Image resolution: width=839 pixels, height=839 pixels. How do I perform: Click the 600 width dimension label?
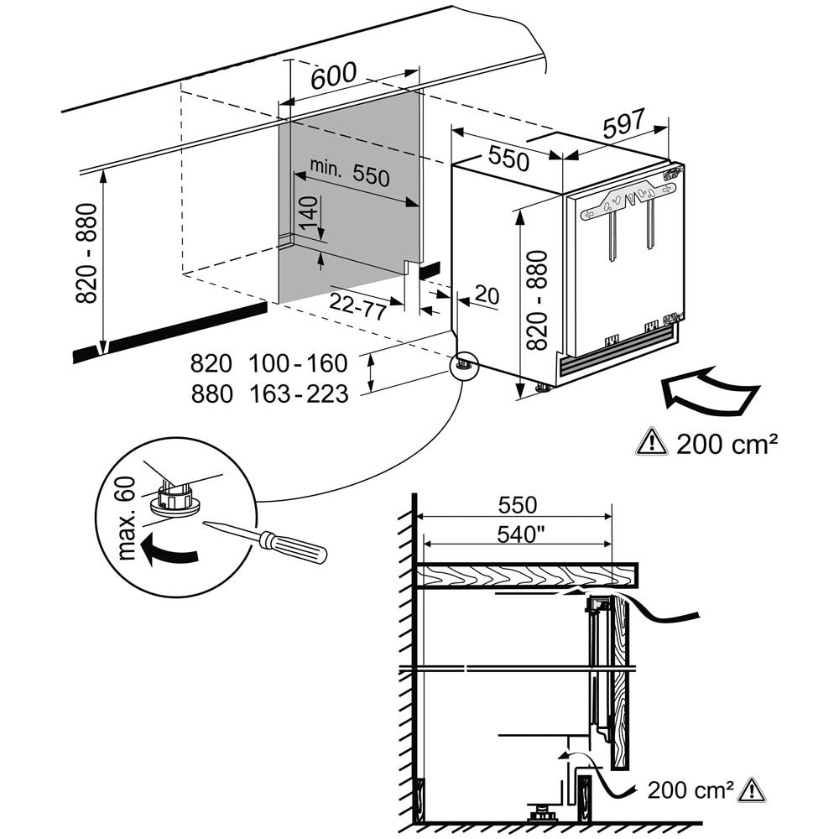click(x=334, y=76)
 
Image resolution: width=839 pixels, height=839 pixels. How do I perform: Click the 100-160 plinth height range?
click(x=298, y=363)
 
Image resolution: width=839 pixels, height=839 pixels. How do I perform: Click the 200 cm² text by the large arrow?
click(x=722, y=441)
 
